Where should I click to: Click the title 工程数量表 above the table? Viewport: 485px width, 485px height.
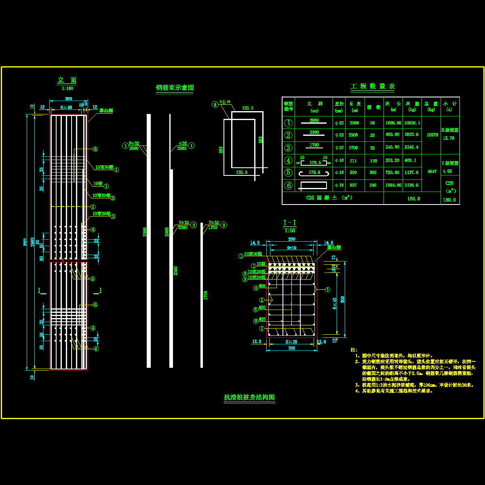(373, 86)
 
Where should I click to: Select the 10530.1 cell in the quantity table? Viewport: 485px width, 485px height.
(412, 123)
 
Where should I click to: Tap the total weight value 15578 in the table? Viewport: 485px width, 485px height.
(432, 135)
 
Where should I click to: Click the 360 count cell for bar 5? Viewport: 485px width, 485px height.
(373, 173)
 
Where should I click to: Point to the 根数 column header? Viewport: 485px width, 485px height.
(373, 107)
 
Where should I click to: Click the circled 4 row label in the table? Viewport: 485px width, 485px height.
(288, 160)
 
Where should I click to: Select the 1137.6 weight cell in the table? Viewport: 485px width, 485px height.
(412, 173)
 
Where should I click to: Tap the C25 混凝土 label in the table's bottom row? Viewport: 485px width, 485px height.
(329, 198)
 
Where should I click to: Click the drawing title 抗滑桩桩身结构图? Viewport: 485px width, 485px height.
(249, 398)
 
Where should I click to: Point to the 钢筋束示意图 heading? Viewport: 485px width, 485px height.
(175, 88)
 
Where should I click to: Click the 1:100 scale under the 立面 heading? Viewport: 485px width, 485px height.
(67, 88)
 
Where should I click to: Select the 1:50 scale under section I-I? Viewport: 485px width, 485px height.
(290, 230)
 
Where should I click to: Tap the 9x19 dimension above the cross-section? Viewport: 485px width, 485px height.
(291, 248)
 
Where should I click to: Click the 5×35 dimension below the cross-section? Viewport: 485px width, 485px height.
(291, 342)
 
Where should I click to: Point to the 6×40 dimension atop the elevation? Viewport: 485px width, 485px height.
(66, 107)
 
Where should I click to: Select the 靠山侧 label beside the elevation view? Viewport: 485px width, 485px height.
(106, 110)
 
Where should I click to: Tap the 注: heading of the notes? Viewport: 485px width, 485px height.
(354, 350)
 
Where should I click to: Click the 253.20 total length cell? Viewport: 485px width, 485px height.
(393, 160)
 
